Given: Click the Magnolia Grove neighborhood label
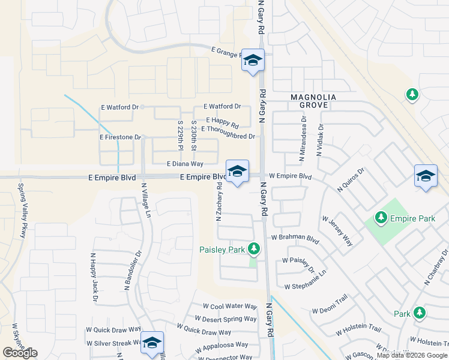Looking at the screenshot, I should click(309, 101).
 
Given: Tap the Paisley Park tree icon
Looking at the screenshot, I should click(254, 248).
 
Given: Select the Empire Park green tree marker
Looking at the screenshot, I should click(380, 217).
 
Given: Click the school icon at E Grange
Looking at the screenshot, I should click(253, 60).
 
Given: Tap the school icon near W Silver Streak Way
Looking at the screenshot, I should click(152, 343).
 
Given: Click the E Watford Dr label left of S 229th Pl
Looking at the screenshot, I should click(119, 107).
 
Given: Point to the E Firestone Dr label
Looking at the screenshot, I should click(120, 137).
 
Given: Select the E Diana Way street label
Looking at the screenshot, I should click(185, 163).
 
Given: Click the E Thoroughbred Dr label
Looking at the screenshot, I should click(228, 137).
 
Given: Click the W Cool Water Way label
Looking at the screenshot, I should click(230, 306).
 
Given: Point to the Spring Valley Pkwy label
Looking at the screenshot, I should click(22, 211).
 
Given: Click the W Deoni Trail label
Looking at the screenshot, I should click(330, 311).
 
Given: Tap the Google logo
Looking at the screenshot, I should click(20, 353).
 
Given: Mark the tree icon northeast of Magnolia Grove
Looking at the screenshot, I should click(412, 94).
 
